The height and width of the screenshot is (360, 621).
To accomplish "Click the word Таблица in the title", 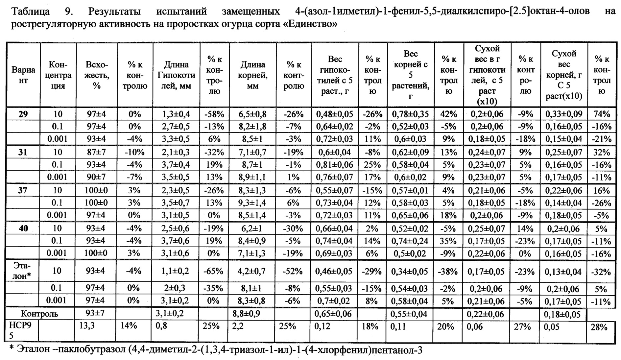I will (x=31, y=12).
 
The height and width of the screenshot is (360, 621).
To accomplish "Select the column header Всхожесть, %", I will (x=97, y=75).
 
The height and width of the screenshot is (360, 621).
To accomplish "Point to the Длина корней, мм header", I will (x=253, y=75).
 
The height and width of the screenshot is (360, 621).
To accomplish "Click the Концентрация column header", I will (x=58, y=75).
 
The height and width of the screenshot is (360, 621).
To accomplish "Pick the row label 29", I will (x=23, y=114).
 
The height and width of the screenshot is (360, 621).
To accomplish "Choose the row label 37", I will (x=23, y=190).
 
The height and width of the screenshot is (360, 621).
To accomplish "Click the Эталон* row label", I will (x=22, y=271).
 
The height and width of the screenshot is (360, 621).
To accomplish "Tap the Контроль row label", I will (x=39, y=314).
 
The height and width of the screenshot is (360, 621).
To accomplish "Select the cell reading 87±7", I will (x=96, y=152).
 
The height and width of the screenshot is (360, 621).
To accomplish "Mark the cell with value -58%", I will (x=214, y=114).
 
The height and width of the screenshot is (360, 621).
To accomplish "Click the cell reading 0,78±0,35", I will (x=410, y=114).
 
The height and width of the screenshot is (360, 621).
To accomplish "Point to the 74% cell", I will (x=602, y=114).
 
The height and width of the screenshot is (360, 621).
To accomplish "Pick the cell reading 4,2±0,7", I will (x=252, y=272).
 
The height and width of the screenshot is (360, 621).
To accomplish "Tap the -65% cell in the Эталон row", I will (x=214, y=272).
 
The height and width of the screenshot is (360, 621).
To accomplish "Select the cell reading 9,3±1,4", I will (x=252, y=203).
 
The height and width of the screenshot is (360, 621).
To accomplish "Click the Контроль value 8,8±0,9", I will (x=246, y=314).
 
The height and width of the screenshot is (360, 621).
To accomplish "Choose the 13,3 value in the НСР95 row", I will (x=86, y=326).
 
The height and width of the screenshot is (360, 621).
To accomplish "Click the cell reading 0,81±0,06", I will (x=335, y=165).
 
